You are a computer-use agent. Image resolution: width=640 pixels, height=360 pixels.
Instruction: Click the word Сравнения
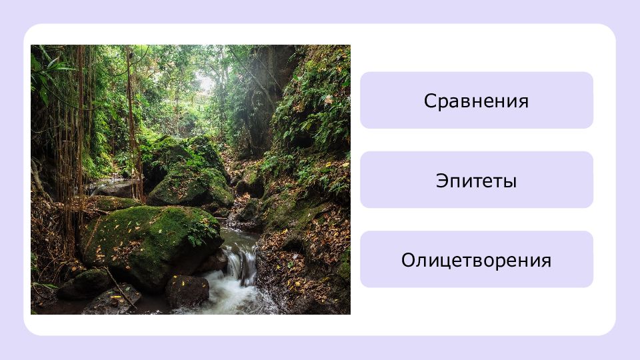(476, 101)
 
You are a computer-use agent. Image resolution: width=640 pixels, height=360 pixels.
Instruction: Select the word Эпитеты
(476, 181)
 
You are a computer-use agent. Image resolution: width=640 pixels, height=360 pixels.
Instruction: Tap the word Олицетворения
(476, 261)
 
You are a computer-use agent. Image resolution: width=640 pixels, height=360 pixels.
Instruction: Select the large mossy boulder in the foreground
(151, 245)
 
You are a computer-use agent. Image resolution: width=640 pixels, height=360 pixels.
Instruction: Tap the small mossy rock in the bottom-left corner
(84, 285)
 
